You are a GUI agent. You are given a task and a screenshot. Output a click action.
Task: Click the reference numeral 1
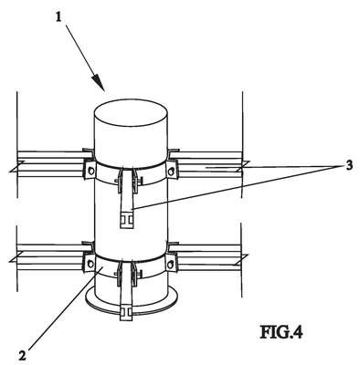(58, 16)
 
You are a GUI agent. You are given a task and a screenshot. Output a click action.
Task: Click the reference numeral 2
(22, 356)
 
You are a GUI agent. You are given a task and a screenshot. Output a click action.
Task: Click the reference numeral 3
(348, 165)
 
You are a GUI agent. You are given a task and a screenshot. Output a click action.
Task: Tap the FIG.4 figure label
(281, 332)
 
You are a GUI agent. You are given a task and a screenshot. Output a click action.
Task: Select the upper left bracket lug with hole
(90, 170)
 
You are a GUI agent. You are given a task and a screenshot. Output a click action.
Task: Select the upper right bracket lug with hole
(172, 170)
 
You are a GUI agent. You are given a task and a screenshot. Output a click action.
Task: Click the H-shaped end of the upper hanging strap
(127, 219)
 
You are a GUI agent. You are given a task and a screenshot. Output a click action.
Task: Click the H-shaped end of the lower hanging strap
(127, 313)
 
